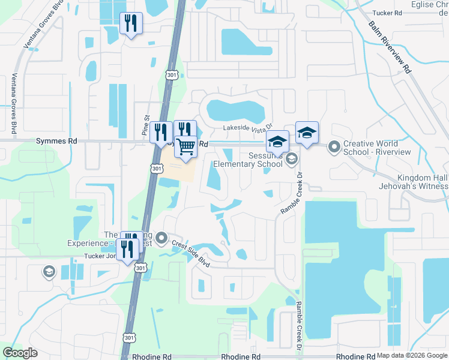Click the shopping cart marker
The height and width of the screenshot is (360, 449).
(186, 146)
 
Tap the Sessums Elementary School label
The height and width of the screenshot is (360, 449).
(265, 159)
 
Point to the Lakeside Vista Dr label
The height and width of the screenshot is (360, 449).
(248, 127)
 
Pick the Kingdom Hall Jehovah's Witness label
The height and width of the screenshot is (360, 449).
(423, 182)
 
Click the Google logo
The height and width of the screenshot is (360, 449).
(20, 353)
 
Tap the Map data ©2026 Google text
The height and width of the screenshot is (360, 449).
(411, 355)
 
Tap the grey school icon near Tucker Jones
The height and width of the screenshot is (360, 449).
(48, 272)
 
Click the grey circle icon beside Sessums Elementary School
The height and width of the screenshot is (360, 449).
(292, 158)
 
